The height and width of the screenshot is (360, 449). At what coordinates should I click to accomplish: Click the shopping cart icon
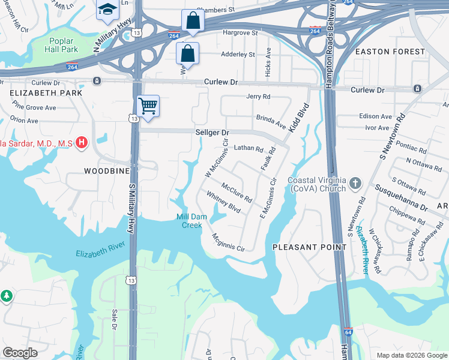pos(148,106)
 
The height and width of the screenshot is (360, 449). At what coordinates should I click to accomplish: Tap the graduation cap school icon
pos(108,9)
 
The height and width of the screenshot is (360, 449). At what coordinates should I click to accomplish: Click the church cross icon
pos(355,182)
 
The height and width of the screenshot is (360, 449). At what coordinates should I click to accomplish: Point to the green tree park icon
pos(6,296)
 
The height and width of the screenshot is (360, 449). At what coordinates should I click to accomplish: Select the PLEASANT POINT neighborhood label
pos(309,247)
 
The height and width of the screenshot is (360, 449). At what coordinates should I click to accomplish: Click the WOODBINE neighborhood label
pos(90,171)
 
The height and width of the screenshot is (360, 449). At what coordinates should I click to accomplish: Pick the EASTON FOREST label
pos(390,52)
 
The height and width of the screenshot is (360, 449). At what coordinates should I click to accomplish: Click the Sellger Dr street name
pos(212,132)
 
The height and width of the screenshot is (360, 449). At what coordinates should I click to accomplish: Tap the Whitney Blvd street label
pos(223,202)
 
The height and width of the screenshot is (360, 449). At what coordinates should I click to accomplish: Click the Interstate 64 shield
pos(348,331)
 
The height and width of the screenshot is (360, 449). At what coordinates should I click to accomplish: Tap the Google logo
pos(20,353)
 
